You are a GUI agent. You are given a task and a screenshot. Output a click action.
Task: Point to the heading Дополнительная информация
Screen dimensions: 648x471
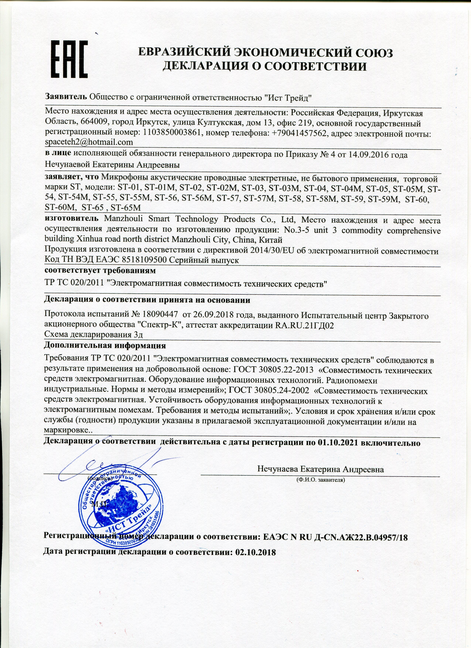click(105, 346)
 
